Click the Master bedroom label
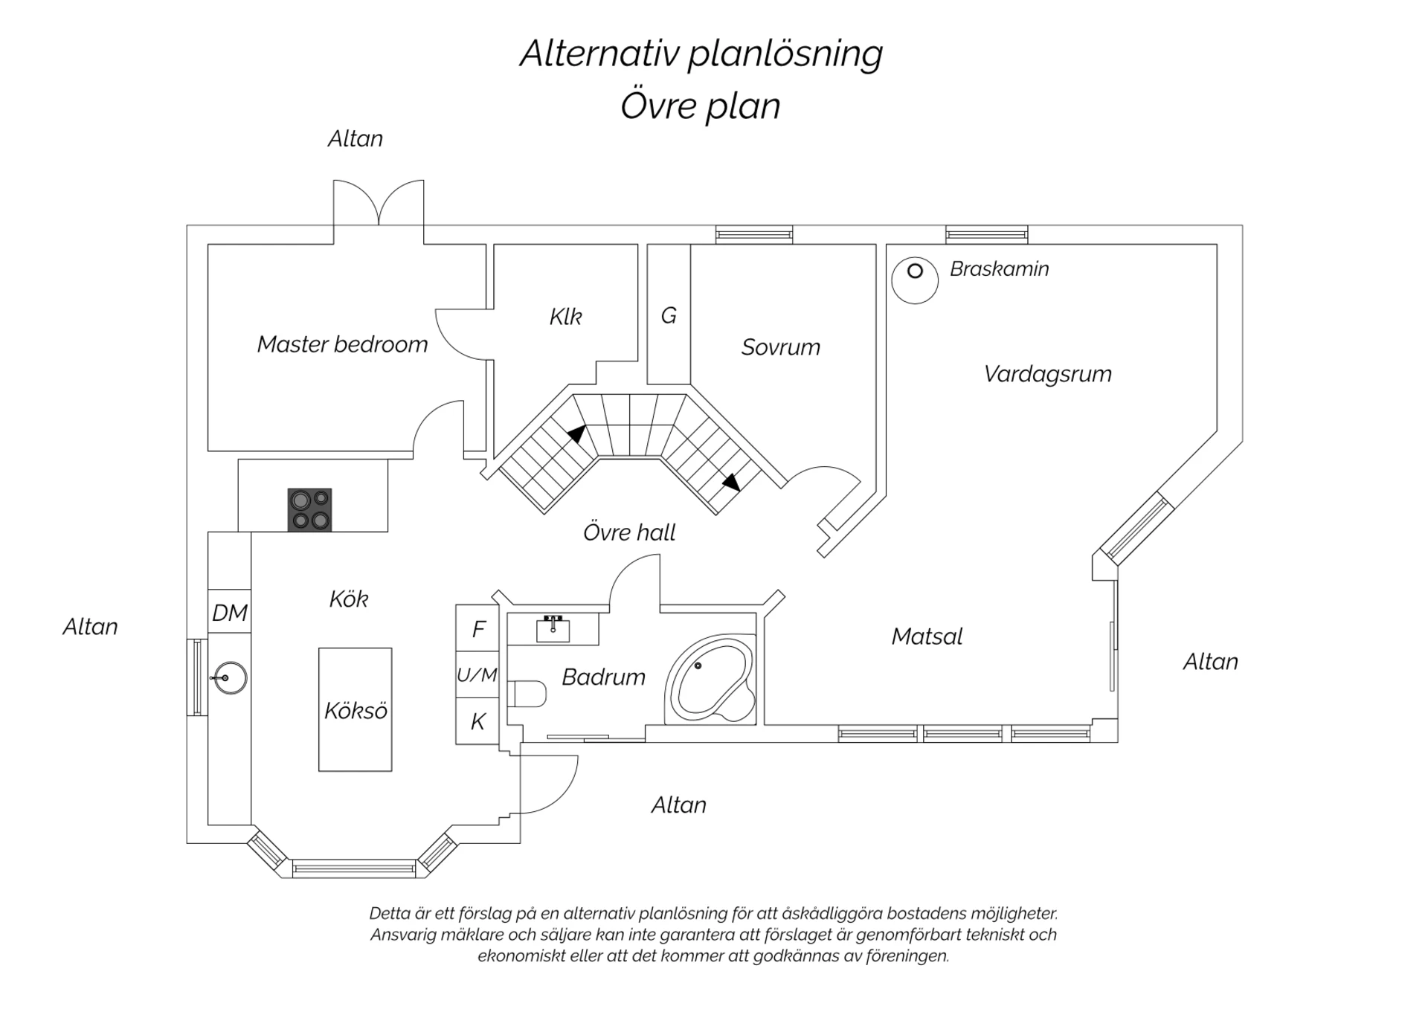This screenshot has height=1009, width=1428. click(342, 344)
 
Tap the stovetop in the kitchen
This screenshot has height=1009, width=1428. click(309, 509)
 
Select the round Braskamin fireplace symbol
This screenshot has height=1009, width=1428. click(915, 280)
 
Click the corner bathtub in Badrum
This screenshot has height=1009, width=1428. click(710, 680)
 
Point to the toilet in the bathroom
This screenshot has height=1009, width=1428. click(527, 694)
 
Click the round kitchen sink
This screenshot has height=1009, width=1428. click(230, 677)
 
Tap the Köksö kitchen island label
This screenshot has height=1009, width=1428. click(356, 711)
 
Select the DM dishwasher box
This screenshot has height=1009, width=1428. click(229, 611)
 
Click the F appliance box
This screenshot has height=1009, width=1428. click(477, 628)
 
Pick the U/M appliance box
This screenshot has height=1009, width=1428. click(477, 675)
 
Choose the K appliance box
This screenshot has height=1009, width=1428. click(477, 721)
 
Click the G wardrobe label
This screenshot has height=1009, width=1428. click(669, 315)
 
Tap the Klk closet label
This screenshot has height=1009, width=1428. click(565, 317)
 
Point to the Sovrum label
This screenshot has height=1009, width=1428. click(781, 347)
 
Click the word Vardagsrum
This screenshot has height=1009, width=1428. click(1047, 374)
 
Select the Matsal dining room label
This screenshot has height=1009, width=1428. click(927, 636)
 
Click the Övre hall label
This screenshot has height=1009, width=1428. click(629, 532)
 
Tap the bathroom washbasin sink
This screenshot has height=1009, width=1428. click(553, 629)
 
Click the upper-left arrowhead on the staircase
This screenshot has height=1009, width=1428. click(576, 433)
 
